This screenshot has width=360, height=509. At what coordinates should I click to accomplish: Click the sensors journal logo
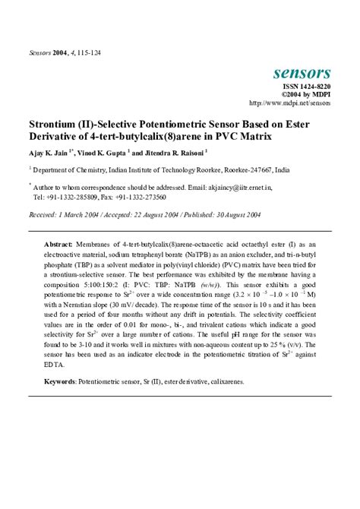click(301, 74)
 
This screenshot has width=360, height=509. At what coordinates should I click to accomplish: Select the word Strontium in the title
click(58, 122)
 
